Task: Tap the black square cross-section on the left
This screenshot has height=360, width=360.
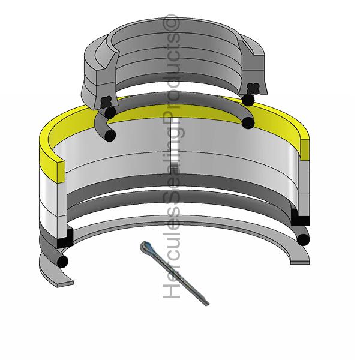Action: click(65, 238)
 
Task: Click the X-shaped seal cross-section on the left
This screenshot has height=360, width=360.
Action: click(106, 103)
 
